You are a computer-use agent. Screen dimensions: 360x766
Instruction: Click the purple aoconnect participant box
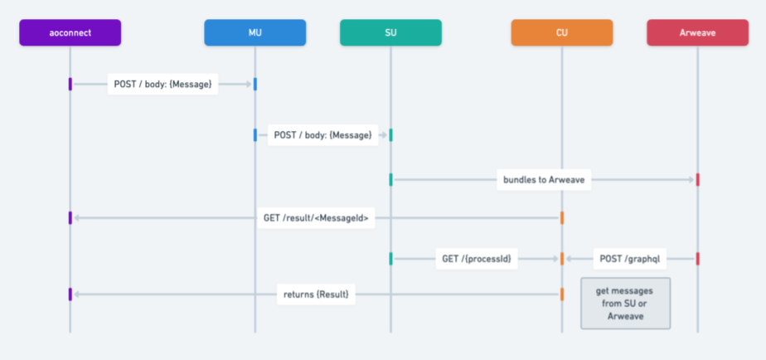coord(70,32)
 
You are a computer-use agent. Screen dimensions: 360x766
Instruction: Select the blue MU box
coord(255,32)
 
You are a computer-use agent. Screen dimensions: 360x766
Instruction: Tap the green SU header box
coord(390,32)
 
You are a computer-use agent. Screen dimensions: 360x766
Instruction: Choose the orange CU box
coord(562,32)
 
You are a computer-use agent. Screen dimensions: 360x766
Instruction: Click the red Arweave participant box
coord(697,32)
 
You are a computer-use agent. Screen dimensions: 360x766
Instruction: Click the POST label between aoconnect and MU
coord(163,84)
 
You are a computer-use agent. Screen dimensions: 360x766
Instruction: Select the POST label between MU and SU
coord(322,134)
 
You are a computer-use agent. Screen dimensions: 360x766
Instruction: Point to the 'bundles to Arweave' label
coord(544,179)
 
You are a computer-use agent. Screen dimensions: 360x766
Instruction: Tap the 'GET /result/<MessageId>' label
coord(316,218)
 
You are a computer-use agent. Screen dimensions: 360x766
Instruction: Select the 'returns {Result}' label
coord(316,294)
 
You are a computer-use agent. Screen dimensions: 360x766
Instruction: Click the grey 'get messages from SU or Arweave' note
coord(625,304)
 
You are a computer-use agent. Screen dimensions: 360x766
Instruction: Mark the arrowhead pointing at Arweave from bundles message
coord(691,179)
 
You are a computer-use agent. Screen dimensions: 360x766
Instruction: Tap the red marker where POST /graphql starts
coord(697,259)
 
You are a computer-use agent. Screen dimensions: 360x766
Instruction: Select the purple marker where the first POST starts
coord(70,84)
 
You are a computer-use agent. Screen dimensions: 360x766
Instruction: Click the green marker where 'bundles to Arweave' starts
coord(390,179)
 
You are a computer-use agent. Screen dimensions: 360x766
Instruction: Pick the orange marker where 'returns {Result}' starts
coord(562,294)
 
